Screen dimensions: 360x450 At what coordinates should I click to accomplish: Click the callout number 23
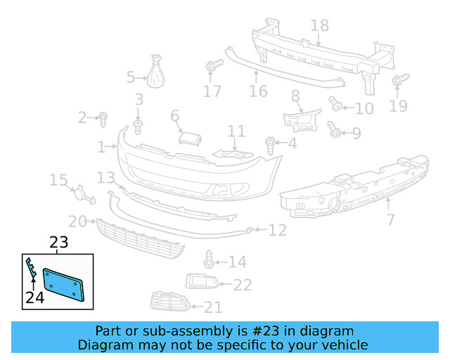[58, 243]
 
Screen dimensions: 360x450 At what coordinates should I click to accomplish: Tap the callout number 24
[34, 297]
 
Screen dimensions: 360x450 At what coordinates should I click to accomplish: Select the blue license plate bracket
[65, 285]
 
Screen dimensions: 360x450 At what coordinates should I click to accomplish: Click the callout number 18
[319, 26]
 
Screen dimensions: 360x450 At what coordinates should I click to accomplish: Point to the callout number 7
[390, 220]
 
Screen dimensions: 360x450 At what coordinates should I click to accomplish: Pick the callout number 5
[130, 77]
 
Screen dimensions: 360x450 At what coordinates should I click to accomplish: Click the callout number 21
[212, 307]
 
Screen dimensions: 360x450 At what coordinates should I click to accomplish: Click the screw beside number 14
[209, 259]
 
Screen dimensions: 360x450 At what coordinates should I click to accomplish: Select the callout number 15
[58, 181]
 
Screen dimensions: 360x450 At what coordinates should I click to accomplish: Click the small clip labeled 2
[103, 117]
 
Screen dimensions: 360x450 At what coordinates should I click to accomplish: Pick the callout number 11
[236, 131]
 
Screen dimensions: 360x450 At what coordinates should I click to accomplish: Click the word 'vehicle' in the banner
[344, 345]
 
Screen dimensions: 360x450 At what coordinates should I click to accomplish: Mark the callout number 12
[278, 229]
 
